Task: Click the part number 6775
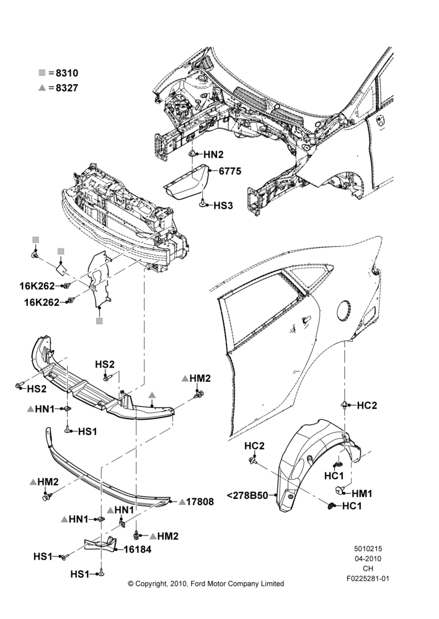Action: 230,171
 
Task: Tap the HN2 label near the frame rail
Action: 213,154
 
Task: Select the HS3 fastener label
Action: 223,206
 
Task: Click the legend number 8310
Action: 67,73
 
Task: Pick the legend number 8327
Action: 67,88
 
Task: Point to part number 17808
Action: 200,502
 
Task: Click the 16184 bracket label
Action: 137,549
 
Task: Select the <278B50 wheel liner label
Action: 247,495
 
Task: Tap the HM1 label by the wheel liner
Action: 362,493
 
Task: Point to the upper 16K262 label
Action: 37,286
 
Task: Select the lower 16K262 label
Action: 42,303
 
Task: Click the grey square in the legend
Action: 42,72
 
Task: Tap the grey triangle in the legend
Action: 42,88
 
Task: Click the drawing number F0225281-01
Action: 368,579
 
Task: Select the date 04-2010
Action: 368,558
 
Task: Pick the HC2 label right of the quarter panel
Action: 367,405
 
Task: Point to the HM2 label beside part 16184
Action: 167,536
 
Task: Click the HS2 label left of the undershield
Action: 37,389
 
